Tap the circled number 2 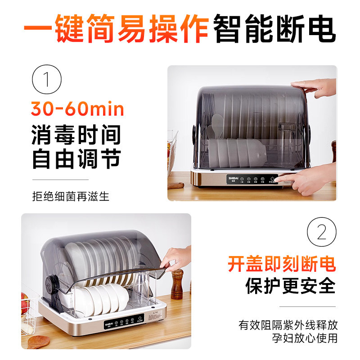tap(321, 233)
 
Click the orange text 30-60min tap(77, 109)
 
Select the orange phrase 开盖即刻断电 tap(282, 264)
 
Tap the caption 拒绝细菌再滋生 tap(71, 197)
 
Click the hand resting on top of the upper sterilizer tap(313, 87)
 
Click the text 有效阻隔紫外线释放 tap(288, 324)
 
